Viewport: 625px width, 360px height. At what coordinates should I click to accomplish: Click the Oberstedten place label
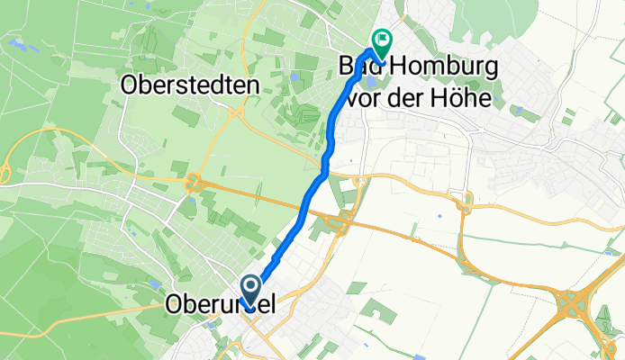click(x=189, y=85)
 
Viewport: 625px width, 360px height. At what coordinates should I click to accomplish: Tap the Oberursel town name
click(x=221, y=306)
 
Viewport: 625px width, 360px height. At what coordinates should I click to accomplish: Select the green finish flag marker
click(x=382, y=41)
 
